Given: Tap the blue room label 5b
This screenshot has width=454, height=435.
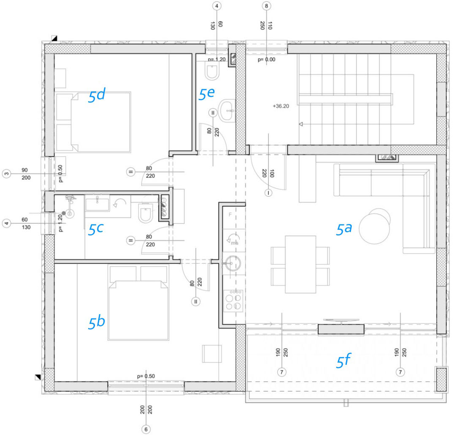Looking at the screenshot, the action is click(x=97, y=322).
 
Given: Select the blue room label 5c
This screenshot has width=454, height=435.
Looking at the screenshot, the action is click(x=95, y=229).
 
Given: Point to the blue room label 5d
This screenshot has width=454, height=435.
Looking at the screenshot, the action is click(x=97, y=96).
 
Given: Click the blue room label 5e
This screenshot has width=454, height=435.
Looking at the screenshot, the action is click(x=206, y=93).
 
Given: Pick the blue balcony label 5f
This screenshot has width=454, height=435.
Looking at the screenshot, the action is click(x=344, y=360).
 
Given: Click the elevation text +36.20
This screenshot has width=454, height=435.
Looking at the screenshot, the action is click(x=281, y=106).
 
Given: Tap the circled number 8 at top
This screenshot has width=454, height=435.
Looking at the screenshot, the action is click(x=266, y=6).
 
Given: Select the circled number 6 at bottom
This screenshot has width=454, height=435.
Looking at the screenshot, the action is click(x=146, y=429).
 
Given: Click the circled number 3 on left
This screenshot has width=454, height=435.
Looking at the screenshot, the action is click(x=7, y=174).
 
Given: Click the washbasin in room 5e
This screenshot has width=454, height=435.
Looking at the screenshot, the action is click(x=227, y=111).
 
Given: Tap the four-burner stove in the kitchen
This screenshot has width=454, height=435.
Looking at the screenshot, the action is click(x=233, y=301).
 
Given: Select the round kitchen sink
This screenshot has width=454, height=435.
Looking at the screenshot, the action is click(x=233, y=263).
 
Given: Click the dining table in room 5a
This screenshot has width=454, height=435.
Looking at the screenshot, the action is click(x=300, y=264).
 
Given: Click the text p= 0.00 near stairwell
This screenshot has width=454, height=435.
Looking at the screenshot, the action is click(x=266, y=59).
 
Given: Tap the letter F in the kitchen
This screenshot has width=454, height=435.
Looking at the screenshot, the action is click(x=230, y=214).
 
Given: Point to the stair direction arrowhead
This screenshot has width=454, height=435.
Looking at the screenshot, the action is click(x=301, y=124).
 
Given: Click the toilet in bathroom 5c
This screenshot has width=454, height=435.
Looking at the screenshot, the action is click(x=146, y=213).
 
